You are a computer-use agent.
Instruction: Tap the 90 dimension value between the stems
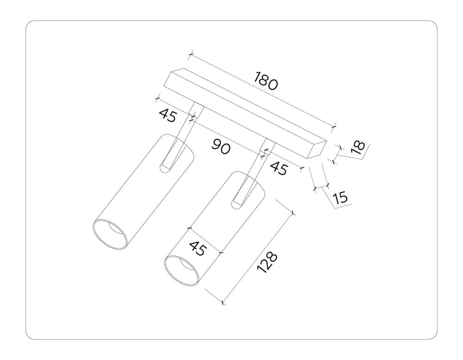click(x=221, y=147)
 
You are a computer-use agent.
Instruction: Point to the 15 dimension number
click(x=340, y=198)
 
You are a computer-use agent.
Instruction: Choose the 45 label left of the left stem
click(x=168, y=115)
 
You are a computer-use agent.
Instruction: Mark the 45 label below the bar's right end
click(x=279, y=168)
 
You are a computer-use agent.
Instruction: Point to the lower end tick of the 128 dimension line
click(x=223, y=303)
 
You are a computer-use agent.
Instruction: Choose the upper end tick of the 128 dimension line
click(x=293, y=213)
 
